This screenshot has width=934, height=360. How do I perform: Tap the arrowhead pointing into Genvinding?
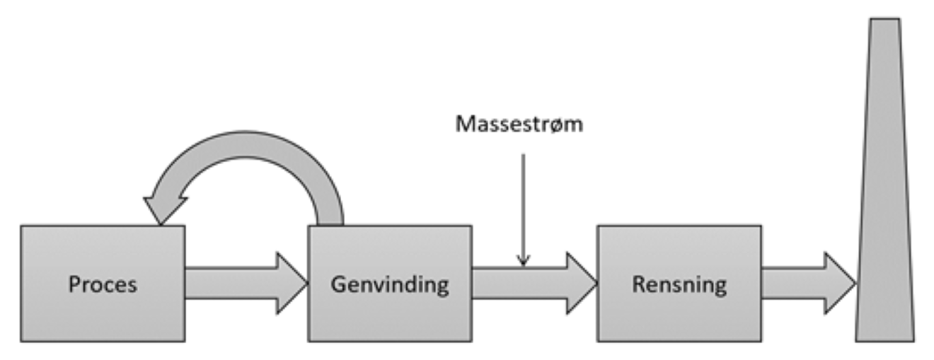(290, 284)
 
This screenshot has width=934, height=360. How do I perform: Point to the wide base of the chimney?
(884, 332)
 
